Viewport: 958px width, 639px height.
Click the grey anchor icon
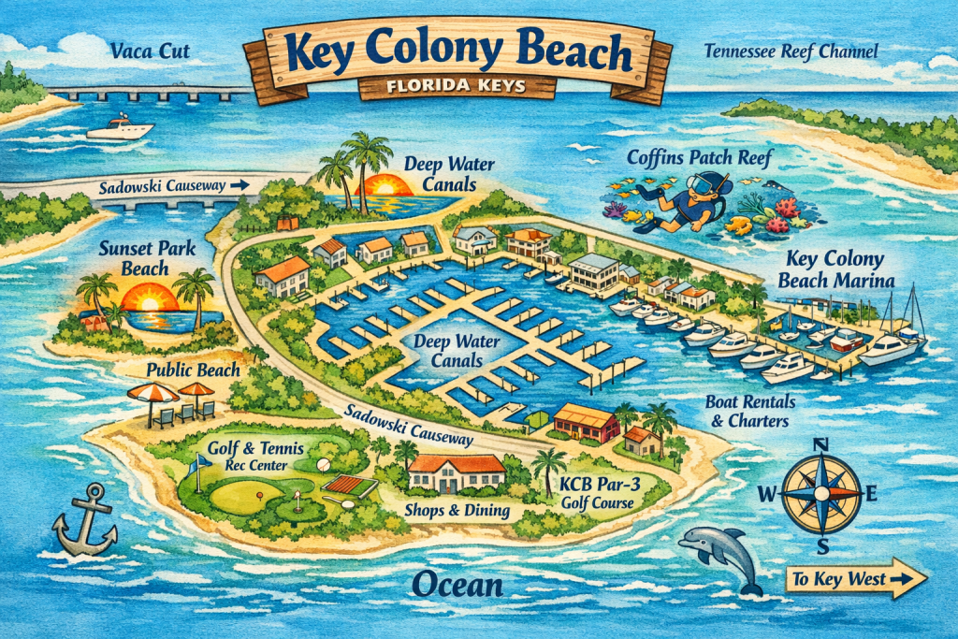tap(85, 520)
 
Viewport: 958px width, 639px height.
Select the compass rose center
tap(820, 492)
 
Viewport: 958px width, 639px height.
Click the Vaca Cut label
tap(149, 50)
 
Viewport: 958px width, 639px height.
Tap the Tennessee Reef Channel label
tap(790, 51)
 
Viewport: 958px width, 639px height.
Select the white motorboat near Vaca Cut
tap(120, 127)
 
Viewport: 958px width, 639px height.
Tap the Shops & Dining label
tap(457, 510)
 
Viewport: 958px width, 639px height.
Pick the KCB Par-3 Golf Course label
tap(596, 493)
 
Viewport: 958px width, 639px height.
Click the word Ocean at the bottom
tap(457, 586)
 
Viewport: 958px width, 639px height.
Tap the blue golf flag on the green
tap(196, 464)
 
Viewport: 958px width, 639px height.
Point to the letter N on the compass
tap(820, 444)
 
